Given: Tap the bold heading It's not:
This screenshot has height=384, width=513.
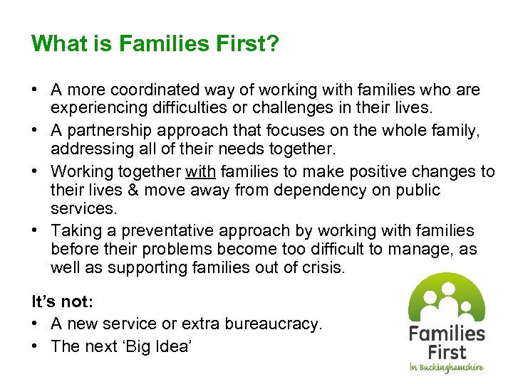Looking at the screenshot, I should (63, 302).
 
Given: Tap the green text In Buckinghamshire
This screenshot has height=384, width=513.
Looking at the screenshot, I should (446, 368).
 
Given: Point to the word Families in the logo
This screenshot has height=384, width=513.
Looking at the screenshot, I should (447, 334).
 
